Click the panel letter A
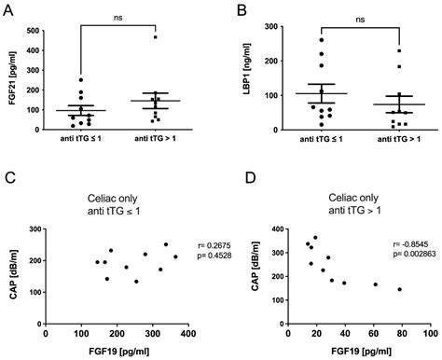9,11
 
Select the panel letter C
9,177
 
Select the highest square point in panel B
373,51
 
